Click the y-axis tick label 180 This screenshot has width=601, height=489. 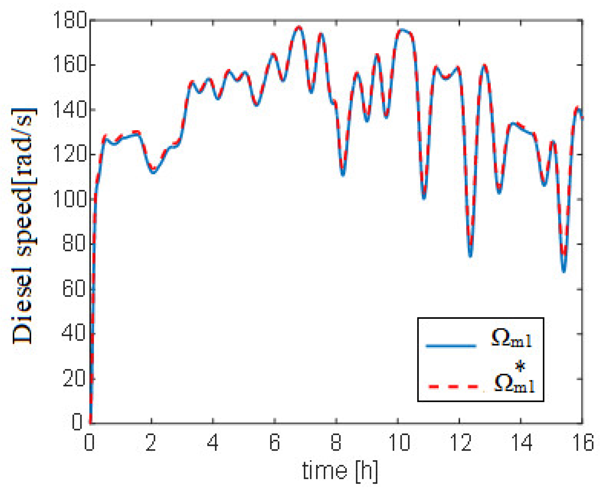tap(70, 20)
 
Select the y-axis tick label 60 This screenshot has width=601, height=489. tap(73, 289)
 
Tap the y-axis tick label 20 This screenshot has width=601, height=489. tap(73, 378)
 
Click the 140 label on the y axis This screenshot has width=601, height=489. tap(70, 110)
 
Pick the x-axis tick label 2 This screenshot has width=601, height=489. tap(151, 442)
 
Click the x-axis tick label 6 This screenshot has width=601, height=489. tap(275, 442)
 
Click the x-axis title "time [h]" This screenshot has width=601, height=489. tap(340, 470)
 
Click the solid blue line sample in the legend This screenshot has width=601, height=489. tap(451, 345)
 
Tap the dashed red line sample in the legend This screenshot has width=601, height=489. tap(453, 386)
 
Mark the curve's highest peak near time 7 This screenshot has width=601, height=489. tap(299, 27)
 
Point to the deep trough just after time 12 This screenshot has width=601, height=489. tap(470, 255)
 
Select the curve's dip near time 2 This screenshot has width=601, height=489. tap(153, 172)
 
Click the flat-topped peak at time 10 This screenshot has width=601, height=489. tap(402, 30)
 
